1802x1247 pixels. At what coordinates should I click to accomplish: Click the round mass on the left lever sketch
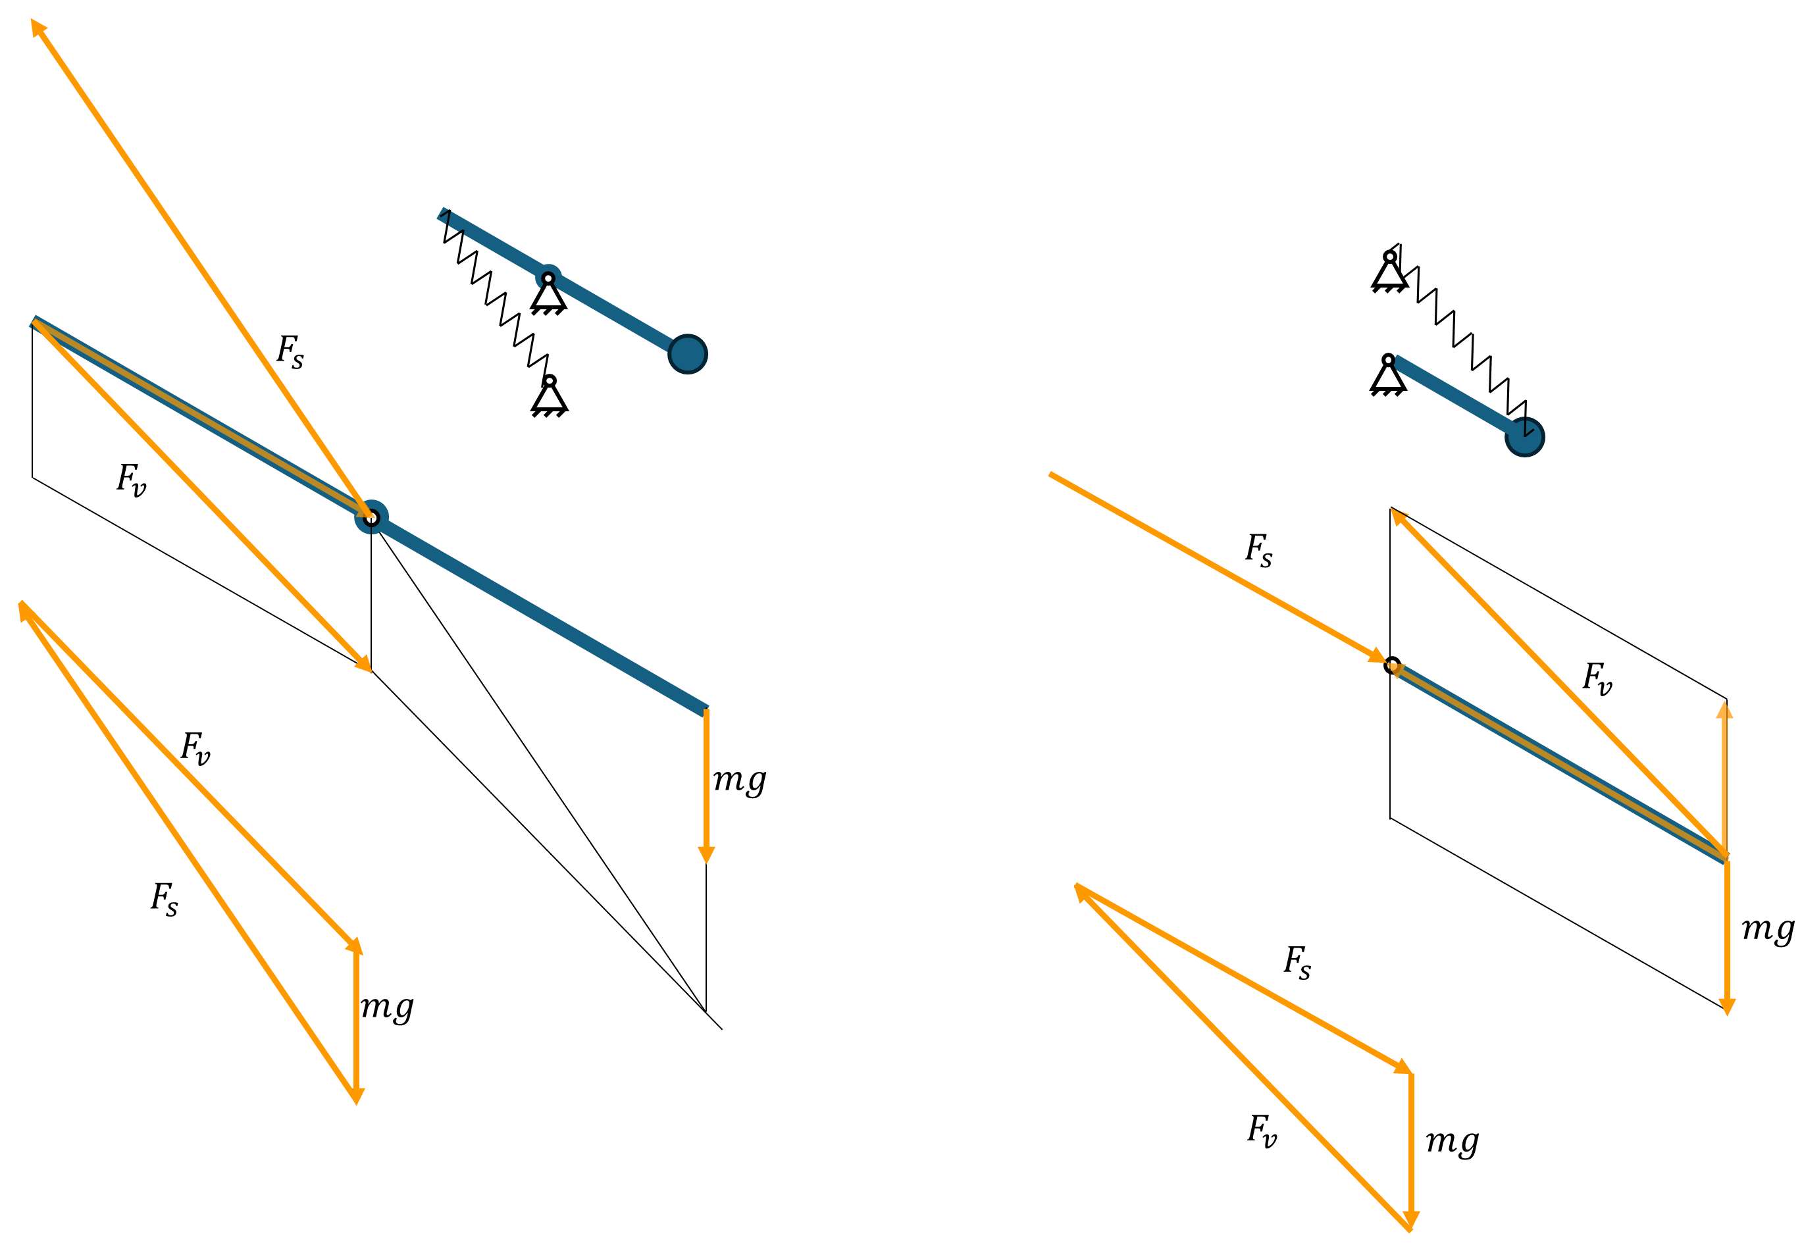687,354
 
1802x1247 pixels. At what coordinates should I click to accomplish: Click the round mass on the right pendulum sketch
1524,436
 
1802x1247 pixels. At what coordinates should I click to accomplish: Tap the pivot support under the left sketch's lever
549,293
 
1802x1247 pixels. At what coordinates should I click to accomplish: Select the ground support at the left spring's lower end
550,396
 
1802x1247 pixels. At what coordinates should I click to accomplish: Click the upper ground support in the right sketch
1389,271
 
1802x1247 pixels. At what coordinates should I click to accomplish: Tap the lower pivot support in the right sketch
1388,375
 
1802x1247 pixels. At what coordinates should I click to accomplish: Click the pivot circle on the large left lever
371,517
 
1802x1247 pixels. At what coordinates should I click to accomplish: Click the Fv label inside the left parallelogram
131,479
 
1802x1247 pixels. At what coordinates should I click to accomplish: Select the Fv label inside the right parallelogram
1597,678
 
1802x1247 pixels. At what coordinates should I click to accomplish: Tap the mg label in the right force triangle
1452,1141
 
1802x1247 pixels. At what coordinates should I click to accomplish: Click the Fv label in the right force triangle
1262,1131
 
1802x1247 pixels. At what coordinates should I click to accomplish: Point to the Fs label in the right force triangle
1297,963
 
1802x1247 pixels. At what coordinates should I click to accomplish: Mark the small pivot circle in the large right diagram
1392,665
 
